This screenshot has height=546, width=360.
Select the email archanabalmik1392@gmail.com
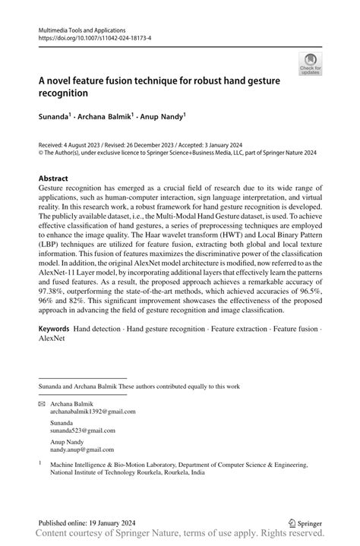point(93,412)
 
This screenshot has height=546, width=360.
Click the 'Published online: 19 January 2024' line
point(87,523)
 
